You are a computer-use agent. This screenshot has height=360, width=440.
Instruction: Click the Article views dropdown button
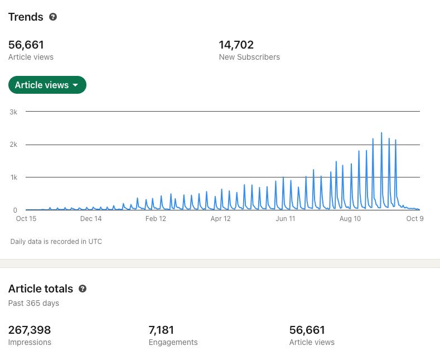tap(47, 85)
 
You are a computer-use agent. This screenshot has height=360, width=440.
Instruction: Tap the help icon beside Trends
tap(53, 17)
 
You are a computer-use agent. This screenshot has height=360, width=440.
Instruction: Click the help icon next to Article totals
tap(83, 289)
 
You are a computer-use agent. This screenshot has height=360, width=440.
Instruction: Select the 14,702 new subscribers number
tap(236, 45)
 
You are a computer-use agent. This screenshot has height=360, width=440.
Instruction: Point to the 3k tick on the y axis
tap(13, 112)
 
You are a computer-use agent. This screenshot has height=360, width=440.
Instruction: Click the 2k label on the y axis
tap(13, 145)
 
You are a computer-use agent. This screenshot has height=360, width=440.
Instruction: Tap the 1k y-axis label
tap(14, 177)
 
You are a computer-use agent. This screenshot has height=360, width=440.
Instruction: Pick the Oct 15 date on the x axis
tap(26, 218)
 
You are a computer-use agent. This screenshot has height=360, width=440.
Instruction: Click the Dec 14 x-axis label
tap(91, 218)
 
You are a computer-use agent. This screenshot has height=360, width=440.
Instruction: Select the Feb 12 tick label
tap(156, 218)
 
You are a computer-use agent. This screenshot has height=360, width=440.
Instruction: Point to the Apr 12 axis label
tap(221, 218)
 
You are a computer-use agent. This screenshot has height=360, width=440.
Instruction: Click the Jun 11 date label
tap(286, 218)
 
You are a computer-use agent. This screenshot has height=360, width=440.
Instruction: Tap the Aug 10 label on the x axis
tap(350, 218)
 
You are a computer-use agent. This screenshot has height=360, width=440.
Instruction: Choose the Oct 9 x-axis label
tap(415, 218)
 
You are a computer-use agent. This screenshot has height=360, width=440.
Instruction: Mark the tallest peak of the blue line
tap(381, 133)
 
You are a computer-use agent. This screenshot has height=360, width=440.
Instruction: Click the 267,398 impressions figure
tap(30, 330)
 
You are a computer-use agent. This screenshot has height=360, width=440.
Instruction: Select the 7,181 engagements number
tap(161, 330)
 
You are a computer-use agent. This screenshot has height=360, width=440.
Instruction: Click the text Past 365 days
tap(33, 303)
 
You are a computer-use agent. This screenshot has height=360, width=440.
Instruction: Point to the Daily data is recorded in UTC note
tap(56, 242)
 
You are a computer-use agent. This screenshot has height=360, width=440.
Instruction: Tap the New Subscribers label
tap(249, 57)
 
